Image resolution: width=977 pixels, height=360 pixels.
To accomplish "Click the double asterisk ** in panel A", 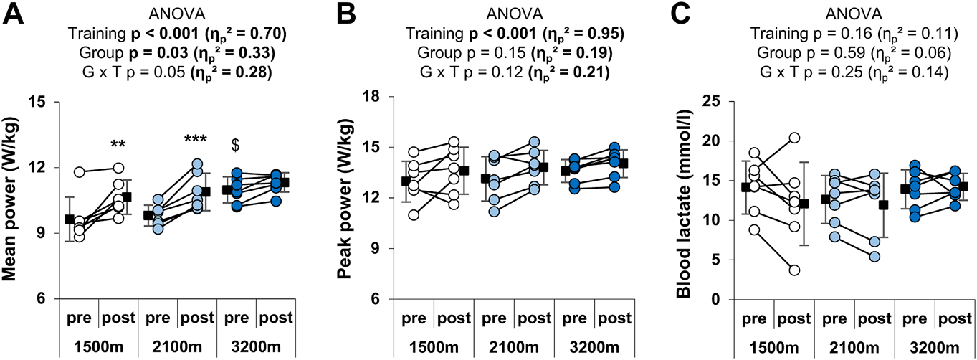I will [x=118, y=146].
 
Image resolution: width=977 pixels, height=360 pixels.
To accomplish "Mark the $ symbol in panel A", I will [x=234, y=146].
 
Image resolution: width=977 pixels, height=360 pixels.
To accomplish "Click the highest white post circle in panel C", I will [x=793, y=138].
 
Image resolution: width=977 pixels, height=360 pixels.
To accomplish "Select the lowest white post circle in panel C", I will [x=793, y=270].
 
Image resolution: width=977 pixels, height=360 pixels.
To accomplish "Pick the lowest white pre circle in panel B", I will [x=413, y=215].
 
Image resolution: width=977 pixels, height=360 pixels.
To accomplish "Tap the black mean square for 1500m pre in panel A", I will [x=69, y=219].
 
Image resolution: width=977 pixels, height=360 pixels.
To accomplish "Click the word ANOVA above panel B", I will [x=513, y=13].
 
